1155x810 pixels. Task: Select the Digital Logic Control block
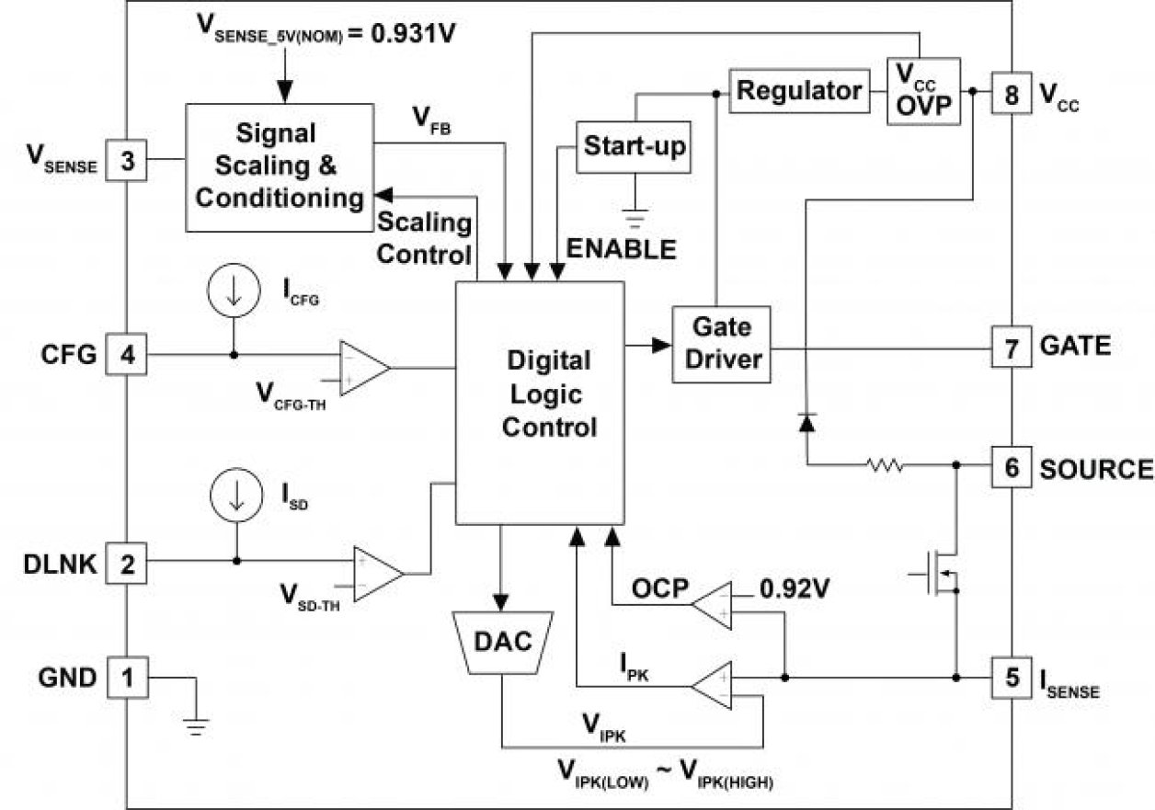click(540, 403)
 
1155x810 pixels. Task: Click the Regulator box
click(800, 90)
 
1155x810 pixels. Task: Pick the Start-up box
click(635, 146)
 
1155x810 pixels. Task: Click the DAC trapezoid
click(503, 642)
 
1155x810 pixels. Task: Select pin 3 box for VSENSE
click(128, 162)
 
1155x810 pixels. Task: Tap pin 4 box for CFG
click(128, 354)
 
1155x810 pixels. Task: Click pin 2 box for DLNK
click(128, 561)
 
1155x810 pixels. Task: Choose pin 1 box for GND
click(128, 679)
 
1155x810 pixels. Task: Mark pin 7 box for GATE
click(1011, 347)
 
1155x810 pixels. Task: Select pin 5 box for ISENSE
click(1011, 679)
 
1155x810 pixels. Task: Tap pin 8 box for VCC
click(1011, 95)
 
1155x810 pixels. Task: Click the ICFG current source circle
click(233, 292)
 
